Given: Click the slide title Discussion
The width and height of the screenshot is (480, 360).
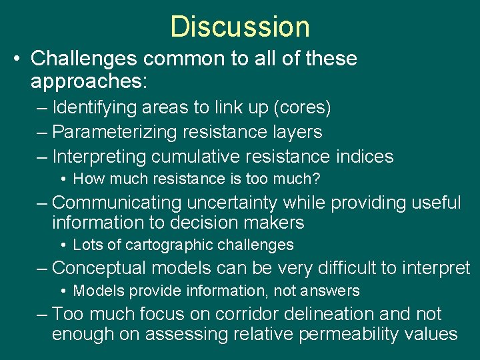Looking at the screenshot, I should [240, 27].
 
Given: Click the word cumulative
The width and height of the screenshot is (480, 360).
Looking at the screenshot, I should [196, 157].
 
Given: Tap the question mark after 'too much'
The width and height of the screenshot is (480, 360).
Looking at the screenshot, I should [317, 179].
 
